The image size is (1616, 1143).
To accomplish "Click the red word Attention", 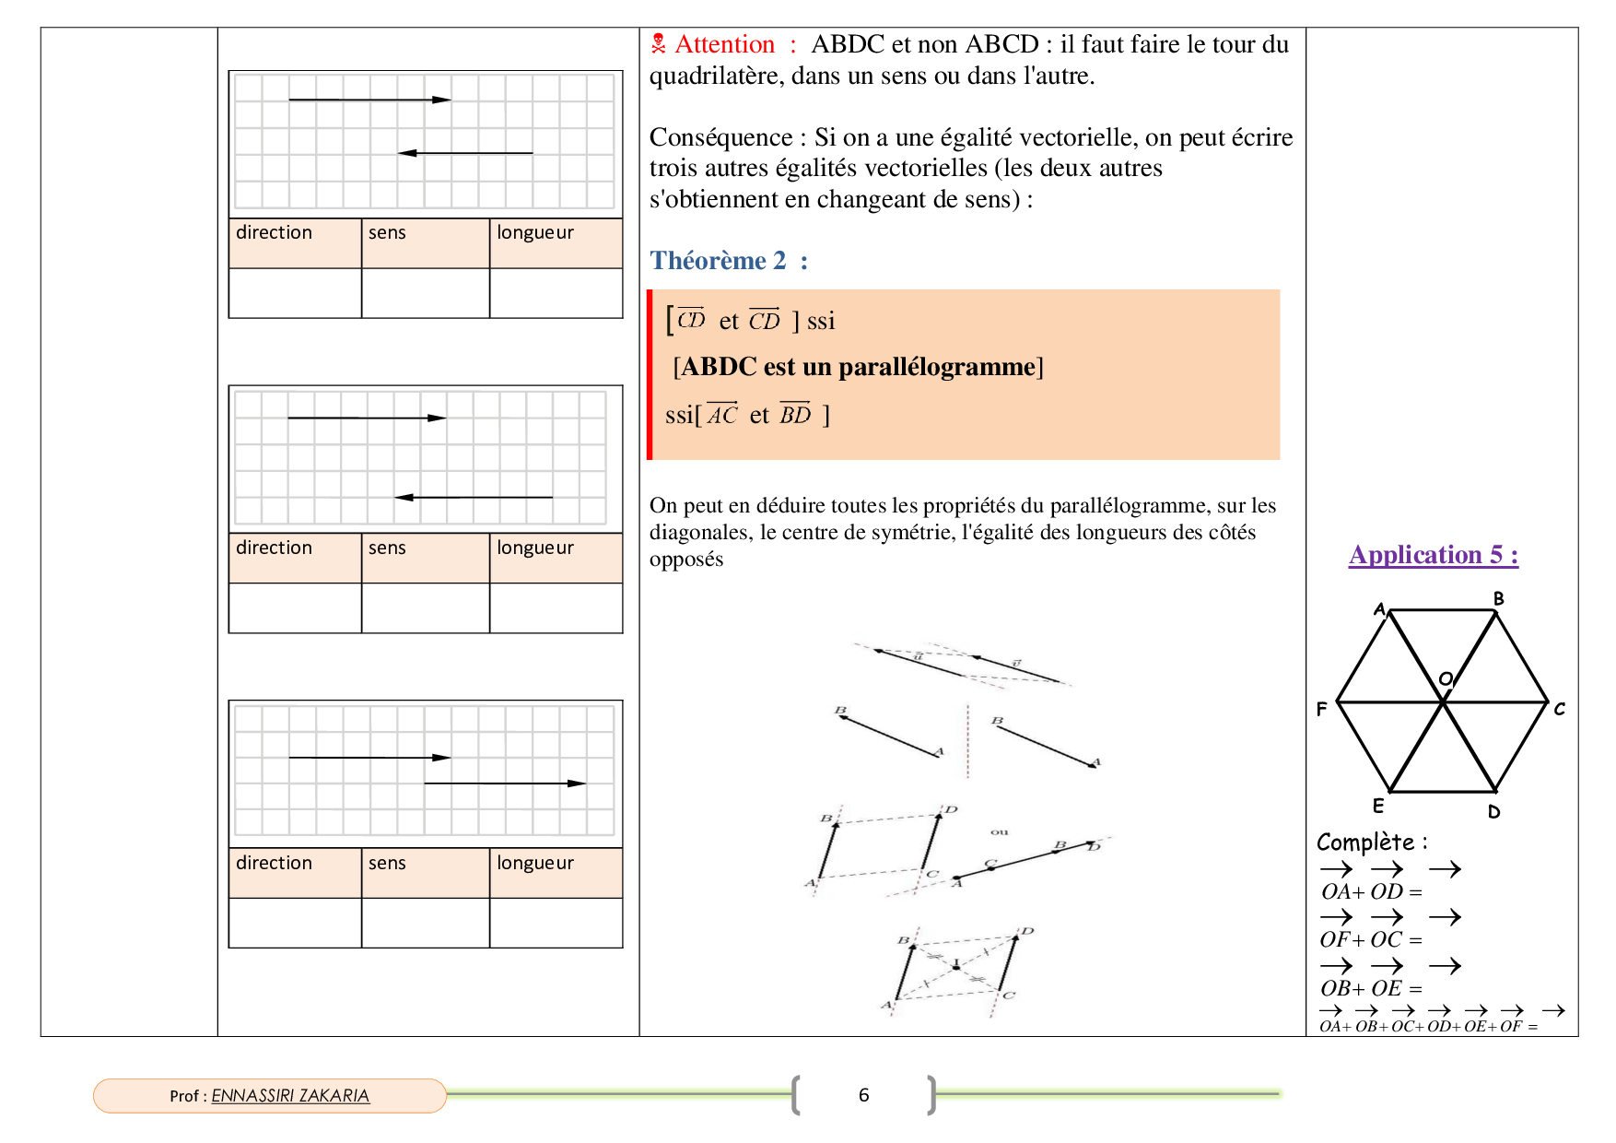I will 724,45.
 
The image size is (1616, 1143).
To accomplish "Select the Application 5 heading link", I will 1433,555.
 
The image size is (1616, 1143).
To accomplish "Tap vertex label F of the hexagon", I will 1321,709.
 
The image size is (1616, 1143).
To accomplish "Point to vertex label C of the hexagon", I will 1559,709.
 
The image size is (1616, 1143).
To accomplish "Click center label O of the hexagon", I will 1446,679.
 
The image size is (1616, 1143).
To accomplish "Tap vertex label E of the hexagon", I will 1378,806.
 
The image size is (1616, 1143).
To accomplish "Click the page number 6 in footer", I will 863,1095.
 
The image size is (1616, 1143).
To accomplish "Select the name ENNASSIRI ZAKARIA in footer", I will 290,1096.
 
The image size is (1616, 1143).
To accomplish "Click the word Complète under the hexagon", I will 1365,843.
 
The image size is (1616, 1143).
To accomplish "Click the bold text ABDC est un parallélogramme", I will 858,367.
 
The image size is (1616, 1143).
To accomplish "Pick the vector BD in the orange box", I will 795,415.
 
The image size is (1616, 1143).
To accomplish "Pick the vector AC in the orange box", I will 722,415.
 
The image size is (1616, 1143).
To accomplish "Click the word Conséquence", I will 720,137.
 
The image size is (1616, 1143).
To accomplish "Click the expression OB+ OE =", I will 1370,988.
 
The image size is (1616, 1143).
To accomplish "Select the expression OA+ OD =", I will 1370,891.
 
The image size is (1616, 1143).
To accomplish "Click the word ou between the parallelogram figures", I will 1000,831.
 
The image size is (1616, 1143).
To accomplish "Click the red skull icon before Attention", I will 658,43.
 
